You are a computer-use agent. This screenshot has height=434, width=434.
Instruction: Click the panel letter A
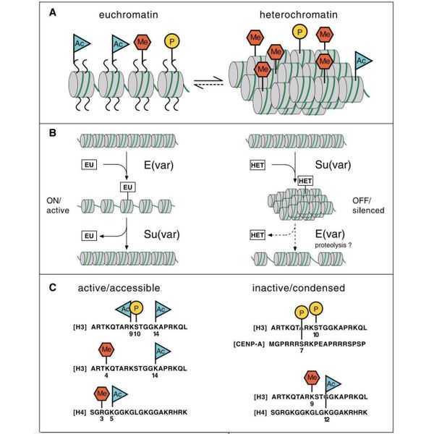pyautogui.click(x=53, y=12)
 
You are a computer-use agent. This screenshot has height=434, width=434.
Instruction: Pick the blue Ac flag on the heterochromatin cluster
pyautogui.click(x=362, y=57)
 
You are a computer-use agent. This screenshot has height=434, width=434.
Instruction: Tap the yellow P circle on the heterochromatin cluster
pyautogui.click(x=298, y=32)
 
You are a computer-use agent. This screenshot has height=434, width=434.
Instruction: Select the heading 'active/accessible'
pyautogui.click(x=119, y=288)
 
